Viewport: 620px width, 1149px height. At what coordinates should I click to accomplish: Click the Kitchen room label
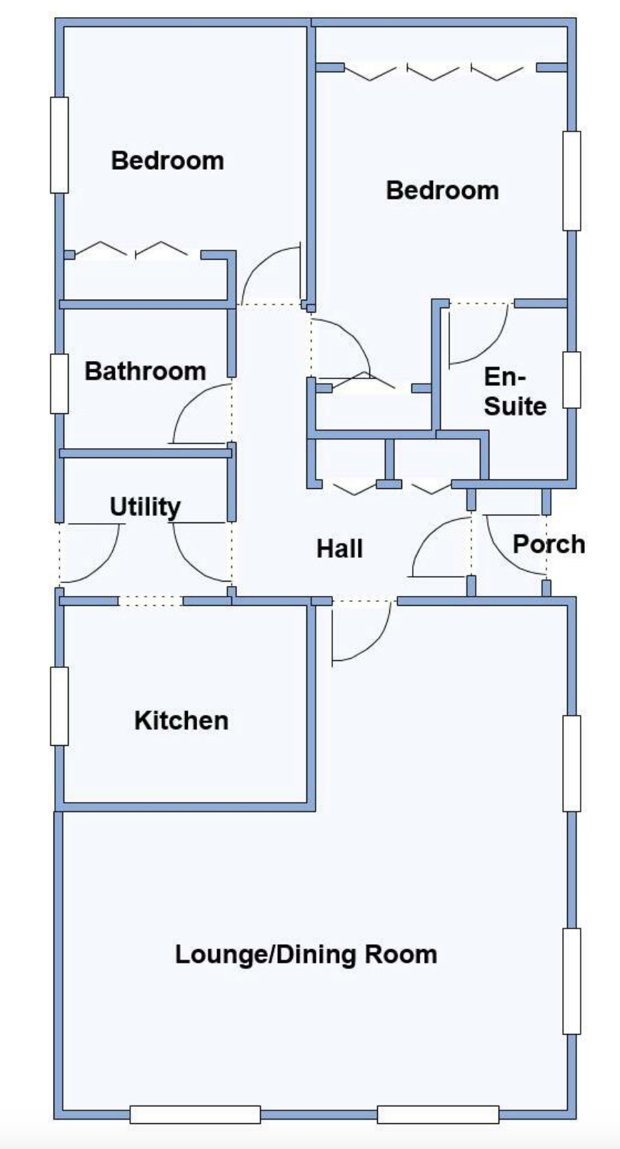tap(181, 721)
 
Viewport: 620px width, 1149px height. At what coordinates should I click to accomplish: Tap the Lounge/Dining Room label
tap(306, 955)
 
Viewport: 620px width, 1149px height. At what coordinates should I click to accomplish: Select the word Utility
tap(145, 507)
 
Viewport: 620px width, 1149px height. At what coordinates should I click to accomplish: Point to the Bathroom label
tap(145, 371)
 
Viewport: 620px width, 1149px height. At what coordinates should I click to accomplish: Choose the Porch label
tap(549, 545)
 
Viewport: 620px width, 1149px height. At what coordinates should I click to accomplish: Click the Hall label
tap(340, 549)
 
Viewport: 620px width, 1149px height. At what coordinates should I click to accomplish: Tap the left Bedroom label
tap(167, 161)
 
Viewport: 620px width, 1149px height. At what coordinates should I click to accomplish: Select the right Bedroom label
tap(442, 191)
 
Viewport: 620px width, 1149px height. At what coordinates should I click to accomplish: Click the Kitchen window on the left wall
tap(59, 707)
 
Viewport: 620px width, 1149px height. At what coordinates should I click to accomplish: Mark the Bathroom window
tap(59, 383)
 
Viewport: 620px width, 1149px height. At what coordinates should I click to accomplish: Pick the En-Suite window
tap(571, 379)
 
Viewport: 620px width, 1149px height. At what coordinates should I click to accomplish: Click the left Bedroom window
tap(59, 145)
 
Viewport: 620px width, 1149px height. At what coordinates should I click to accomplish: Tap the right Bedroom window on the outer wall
tap(571, 181)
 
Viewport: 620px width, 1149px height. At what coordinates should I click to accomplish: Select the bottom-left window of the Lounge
tap(195, 1114)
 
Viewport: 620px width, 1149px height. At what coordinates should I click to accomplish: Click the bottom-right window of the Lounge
tap(437, 1114)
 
